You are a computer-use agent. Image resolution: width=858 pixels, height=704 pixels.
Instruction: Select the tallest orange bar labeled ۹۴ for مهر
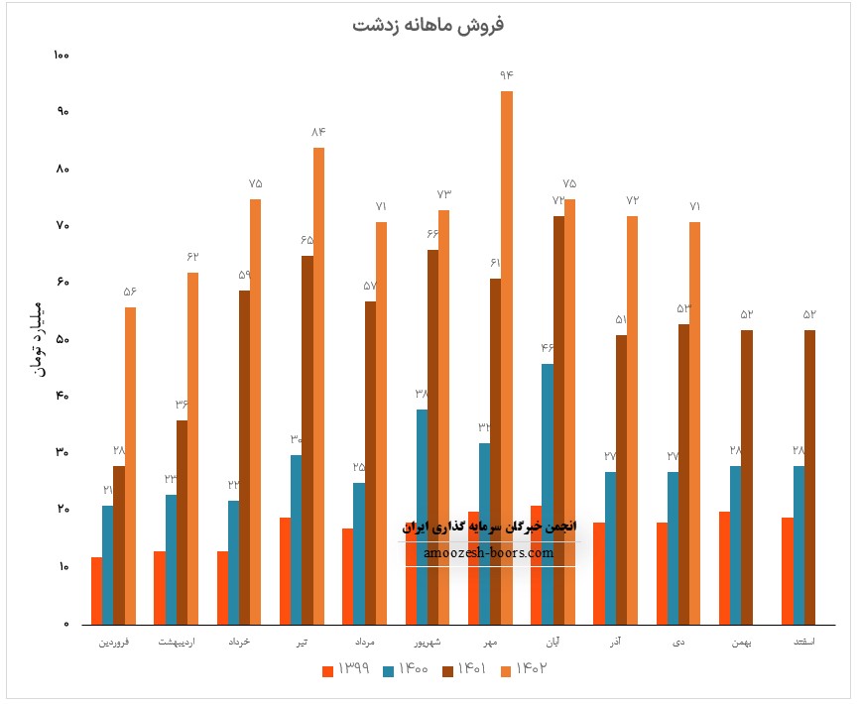click(506, 357)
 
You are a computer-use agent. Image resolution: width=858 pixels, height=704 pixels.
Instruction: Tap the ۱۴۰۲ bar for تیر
click(318, 387)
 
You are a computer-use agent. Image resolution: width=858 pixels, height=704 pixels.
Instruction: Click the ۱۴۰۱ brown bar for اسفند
click(810, 476)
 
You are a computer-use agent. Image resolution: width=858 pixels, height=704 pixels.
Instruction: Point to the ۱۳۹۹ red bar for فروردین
click(96, 591)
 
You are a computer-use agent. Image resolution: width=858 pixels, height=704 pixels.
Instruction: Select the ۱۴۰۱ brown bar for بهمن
click(747, 476)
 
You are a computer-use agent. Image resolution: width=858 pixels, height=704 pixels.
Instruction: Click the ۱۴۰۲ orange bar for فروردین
click(131, 466)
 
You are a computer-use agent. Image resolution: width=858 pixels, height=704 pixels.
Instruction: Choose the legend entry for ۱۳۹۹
click(346, 669)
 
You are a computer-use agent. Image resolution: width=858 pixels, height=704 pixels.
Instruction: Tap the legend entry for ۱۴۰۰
click(406, 669)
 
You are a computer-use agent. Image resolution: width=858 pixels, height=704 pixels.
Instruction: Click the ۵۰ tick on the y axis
click(61, 340)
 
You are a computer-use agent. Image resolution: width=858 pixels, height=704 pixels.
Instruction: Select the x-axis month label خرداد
click(238, 643)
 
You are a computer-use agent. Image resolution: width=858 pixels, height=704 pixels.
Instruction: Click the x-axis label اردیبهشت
click(177, 643)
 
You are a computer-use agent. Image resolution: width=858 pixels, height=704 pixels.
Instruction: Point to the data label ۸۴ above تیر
click(318, 132)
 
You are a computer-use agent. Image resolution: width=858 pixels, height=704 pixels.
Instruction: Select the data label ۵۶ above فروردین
click(131, 292)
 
